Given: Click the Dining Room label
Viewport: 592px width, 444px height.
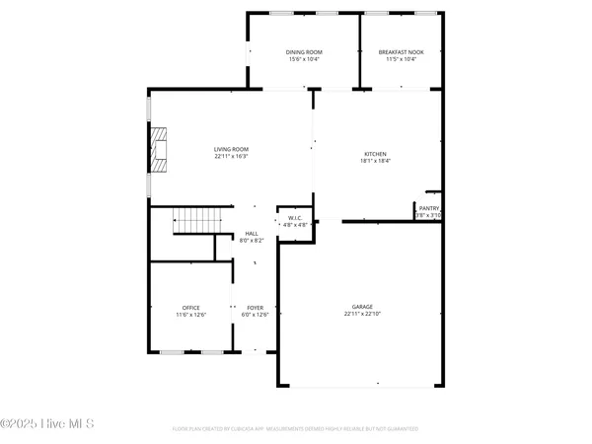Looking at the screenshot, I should tap(304, 52).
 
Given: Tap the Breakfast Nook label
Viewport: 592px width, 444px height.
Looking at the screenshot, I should tap(401, 52).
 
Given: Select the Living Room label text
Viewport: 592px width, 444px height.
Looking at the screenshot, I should tap(231, 150).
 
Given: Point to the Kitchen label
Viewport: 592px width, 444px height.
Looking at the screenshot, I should tap(375, 154).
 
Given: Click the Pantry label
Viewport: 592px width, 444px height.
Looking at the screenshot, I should tap(428, 208).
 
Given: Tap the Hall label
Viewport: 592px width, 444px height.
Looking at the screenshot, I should tap(252, 234).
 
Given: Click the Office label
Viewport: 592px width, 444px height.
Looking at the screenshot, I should tap(190, 308).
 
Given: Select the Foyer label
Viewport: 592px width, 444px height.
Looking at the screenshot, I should tap(255, 308).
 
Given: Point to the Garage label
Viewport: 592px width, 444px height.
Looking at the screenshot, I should tap(363, 307).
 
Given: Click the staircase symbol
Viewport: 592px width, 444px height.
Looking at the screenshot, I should tap(194, 222).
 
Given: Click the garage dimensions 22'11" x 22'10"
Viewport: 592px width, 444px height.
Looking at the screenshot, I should tap(363, 315).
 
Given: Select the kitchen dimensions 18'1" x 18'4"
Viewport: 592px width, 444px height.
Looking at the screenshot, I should tap(375, 161).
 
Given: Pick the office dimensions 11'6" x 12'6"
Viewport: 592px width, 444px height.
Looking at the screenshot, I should tap(190, 315).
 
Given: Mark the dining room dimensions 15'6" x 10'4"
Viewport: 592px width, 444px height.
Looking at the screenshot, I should tap(304, 59).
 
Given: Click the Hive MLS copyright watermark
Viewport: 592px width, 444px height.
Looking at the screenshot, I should tap(47, 424).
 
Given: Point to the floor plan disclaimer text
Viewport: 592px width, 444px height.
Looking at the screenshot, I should tap(296, 429).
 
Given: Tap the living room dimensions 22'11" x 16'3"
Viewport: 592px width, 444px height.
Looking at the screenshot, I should tap(231, 157).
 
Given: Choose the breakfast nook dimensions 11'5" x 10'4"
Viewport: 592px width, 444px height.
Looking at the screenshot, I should tap(401, 59).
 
